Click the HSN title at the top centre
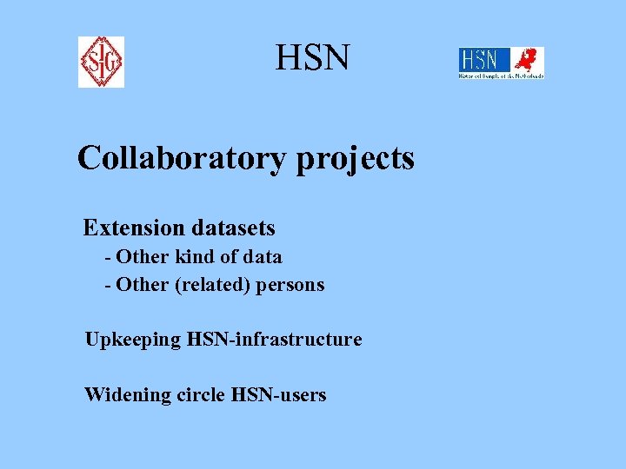pos(313,58)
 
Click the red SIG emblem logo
pos(101,62)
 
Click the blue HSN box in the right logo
pos(480,60)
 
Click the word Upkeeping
pos(133,340)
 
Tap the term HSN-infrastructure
pos(275,340)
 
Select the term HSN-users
pos(279,395)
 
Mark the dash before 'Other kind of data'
pos(107,258)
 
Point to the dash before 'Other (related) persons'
pos(107,286)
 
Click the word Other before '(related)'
pos(143,285)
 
